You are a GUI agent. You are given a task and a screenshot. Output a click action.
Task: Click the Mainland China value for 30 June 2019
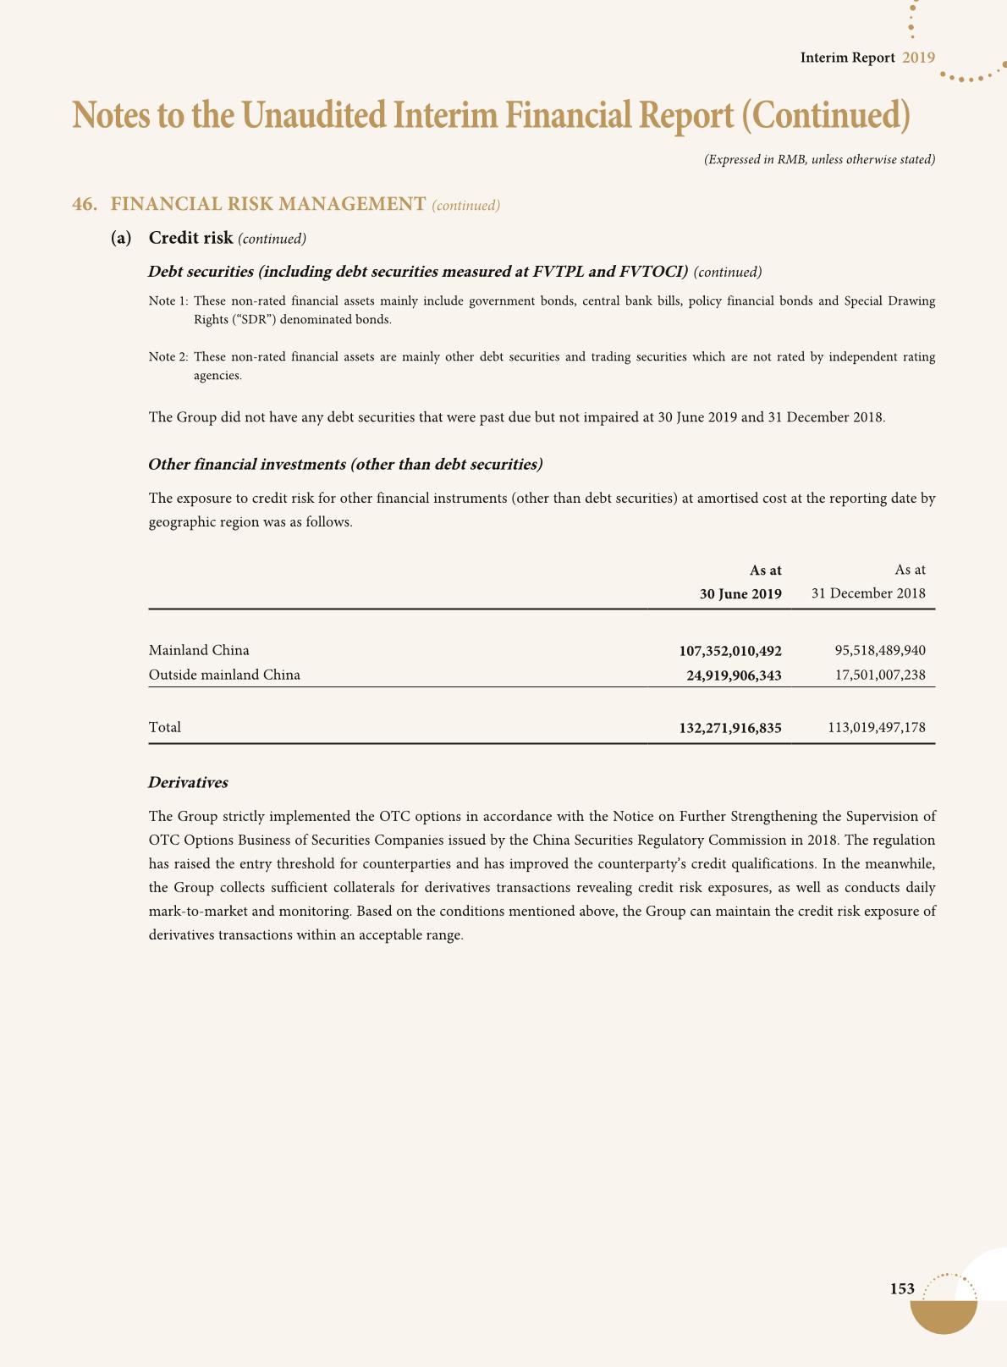point(730,651)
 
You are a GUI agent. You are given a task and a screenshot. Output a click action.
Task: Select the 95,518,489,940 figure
point(880,650)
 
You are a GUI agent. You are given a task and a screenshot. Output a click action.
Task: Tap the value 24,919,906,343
point(733,675)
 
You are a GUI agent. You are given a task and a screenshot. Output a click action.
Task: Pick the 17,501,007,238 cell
point(880,675)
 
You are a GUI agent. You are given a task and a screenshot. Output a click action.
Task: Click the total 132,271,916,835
point(730,728)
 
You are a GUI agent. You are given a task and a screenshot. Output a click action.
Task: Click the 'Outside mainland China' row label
point(224,675)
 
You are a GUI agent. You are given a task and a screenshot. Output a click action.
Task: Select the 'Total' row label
point(164,727)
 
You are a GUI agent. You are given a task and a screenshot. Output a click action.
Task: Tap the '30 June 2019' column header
point(740,593)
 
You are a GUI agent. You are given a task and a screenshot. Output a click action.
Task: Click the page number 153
point(902,1289)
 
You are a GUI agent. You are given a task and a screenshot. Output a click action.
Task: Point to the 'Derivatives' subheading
point(188,783)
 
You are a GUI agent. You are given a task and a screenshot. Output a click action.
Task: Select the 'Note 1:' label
point(168,301)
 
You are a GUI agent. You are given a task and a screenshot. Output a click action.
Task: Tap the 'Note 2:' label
point(168,357)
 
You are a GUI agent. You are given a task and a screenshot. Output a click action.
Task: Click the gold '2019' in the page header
point(918,58)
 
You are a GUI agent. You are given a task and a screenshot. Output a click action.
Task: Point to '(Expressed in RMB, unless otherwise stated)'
point(819,159)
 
